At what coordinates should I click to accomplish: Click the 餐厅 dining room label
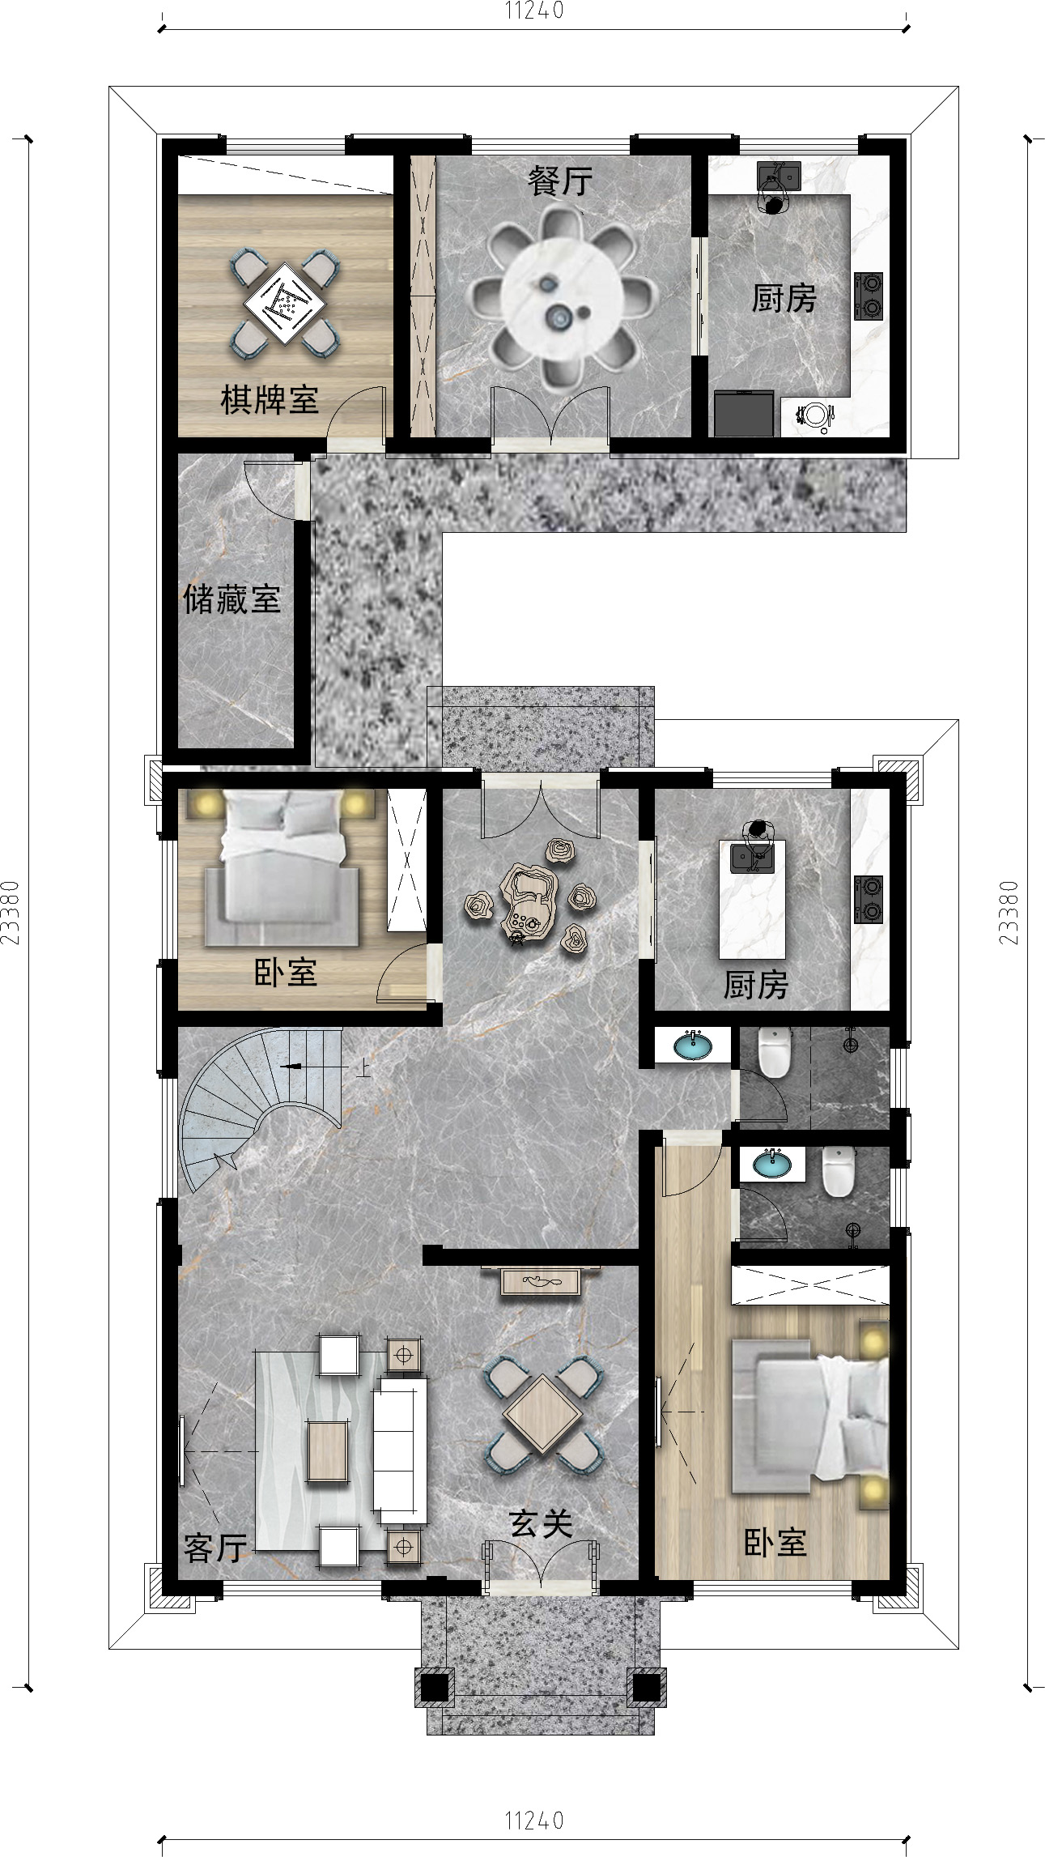pyautogui.click(x=560, y=181)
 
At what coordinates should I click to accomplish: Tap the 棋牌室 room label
pyautogui.click(x=270, y=400)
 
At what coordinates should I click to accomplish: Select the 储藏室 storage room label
pyautogui.click(x=232, y=599)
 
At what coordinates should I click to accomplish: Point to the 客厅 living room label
pyautogui.click(x=215, y=1548)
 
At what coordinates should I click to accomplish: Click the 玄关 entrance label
pyautogui.click(x=542, y=1523)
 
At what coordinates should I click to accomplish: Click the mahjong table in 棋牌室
pyautogui.click(x=284, y=304)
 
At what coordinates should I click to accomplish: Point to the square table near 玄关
pyautogui.click(x=543, y=1415)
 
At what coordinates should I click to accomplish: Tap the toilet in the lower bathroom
pyautogui.click(x=839, y=1171)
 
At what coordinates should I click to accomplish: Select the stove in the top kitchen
pyautogui.click(x=869, y=296)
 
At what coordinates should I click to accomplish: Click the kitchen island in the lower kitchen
pyautogui.click(x=752, y=899)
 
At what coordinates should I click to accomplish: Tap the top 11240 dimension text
pyautogui.click(x=534, y=11)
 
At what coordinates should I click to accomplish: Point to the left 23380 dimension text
pyautogui.click(x=11, y=913)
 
